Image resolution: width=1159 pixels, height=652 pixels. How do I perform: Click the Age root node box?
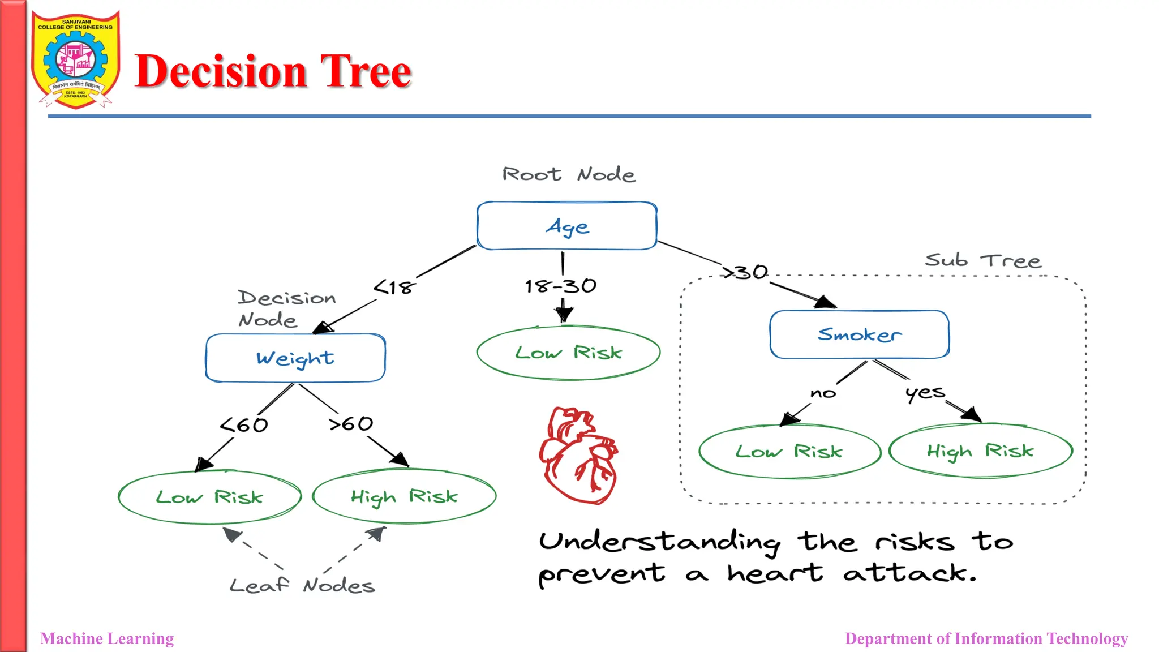566,226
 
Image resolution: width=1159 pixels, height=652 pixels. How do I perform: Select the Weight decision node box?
295,358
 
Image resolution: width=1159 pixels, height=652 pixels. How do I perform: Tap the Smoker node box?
859,334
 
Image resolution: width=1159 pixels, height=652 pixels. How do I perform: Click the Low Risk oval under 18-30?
568,353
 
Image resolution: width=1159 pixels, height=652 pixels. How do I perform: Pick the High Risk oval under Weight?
404,496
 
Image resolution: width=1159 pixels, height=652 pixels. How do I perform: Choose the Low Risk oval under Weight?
209,497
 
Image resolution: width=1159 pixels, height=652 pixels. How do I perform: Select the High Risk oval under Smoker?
980,451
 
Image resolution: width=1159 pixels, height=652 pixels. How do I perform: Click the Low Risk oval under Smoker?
789,452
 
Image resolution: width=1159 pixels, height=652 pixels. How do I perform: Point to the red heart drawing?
578,456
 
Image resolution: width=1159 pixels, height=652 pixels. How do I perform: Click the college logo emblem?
75,59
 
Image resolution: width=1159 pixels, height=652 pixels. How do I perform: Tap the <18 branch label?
394,288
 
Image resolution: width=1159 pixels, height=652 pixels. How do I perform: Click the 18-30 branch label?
560,286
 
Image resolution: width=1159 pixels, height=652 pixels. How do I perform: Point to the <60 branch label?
244,424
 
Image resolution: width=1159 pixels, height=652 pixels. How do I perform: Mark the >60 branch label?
351,423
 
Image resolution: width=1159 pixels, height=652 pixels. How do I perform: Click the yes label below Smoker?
925,392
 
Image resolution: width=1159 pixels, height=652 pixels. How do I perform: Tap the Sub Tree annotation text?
983,260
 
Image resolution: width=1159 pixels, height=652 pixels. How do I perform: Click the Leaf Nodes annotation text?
302,585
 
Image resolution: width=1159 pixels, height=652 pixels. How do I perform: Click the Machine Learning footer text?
107,638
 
